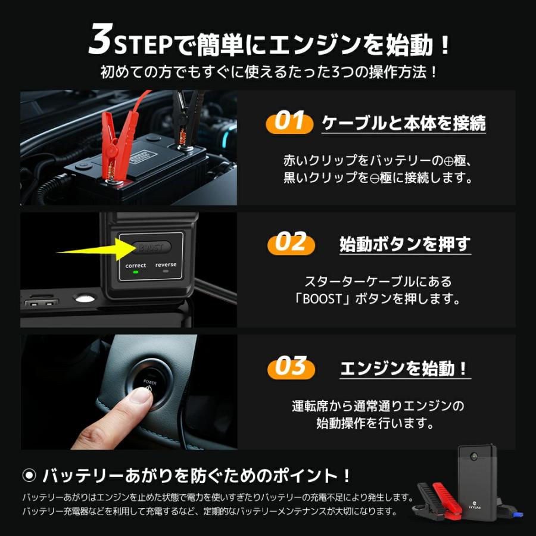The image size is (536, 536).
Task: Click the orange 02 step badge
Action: pos(290,244)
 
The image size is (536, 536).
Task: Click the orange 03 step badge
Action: pos(290,367)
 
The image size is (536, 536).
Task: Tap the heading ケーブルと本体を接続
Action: pos(403,123)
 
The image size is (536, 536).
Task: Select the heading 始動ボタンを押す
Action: pos(405,244)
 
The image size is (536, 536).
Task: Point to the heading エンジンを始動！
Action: pos(405,369)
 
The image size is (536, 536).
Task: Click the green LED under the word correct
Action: pos(136,273)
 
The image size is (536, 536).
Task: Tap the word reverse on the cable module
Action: pos(166,265)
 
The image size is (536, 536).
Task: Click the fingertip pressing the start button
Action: pos(137,396)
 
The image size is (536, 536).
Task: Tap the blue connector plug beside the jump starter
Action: pos(518,510)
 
